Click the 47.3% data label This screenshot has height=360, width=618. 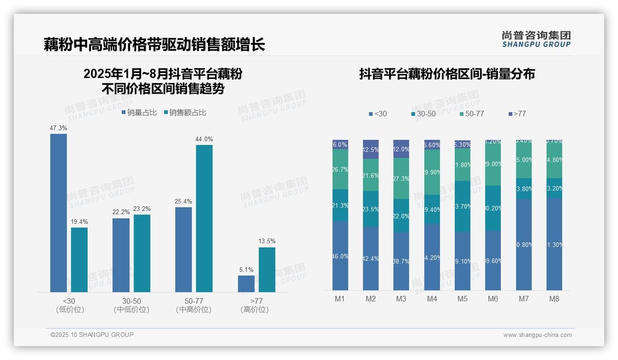click(59, 128)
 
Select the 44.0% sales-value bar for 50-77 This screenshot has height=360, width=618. click(204, 218)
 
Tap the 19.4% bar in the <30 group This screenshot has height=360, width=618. click(79, 259)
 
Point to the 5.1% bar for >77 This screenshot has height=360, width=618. click(246, 283)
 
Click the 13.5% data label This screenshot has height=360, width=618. click(267, 241)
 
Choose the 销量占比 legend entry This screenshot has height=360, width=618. click(139, 113)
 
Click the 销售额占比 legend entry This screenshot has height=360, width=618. click(185, 113)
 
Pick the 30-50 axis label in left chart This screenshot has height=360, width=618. click(131, 301)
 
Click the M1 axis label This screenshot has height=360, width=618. click(340, 299)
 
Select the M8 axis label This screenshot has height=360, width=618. click(554, 299)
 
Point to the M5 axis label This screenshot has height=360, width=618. click(463, 299)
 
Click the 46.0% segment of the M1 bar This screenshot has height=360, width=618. click(340, 256)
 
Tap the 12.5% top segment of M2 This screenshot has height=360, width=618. click(371, 150)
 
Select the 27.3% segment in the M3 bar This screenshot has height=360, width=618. click(401, 178)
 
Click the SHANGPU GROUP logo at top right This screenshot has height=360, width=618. click(536, 39)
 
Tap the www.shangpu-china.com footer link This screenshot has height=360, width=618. click(537, 335)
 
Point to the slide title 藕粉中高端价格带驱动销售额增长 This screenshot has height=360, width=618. click(154, 44)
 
